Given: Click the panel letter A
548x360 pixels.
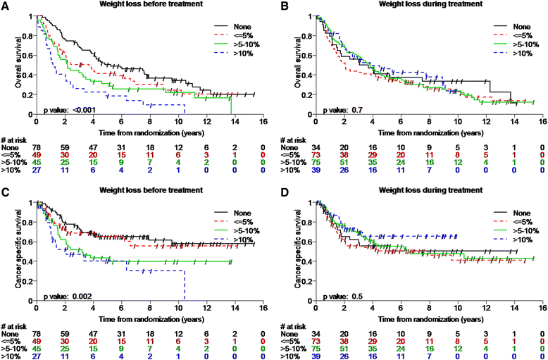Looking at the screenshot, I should [x=6, y=6].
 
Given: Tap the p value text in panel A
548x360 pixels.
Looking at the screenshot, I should [x=66, y=109].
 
